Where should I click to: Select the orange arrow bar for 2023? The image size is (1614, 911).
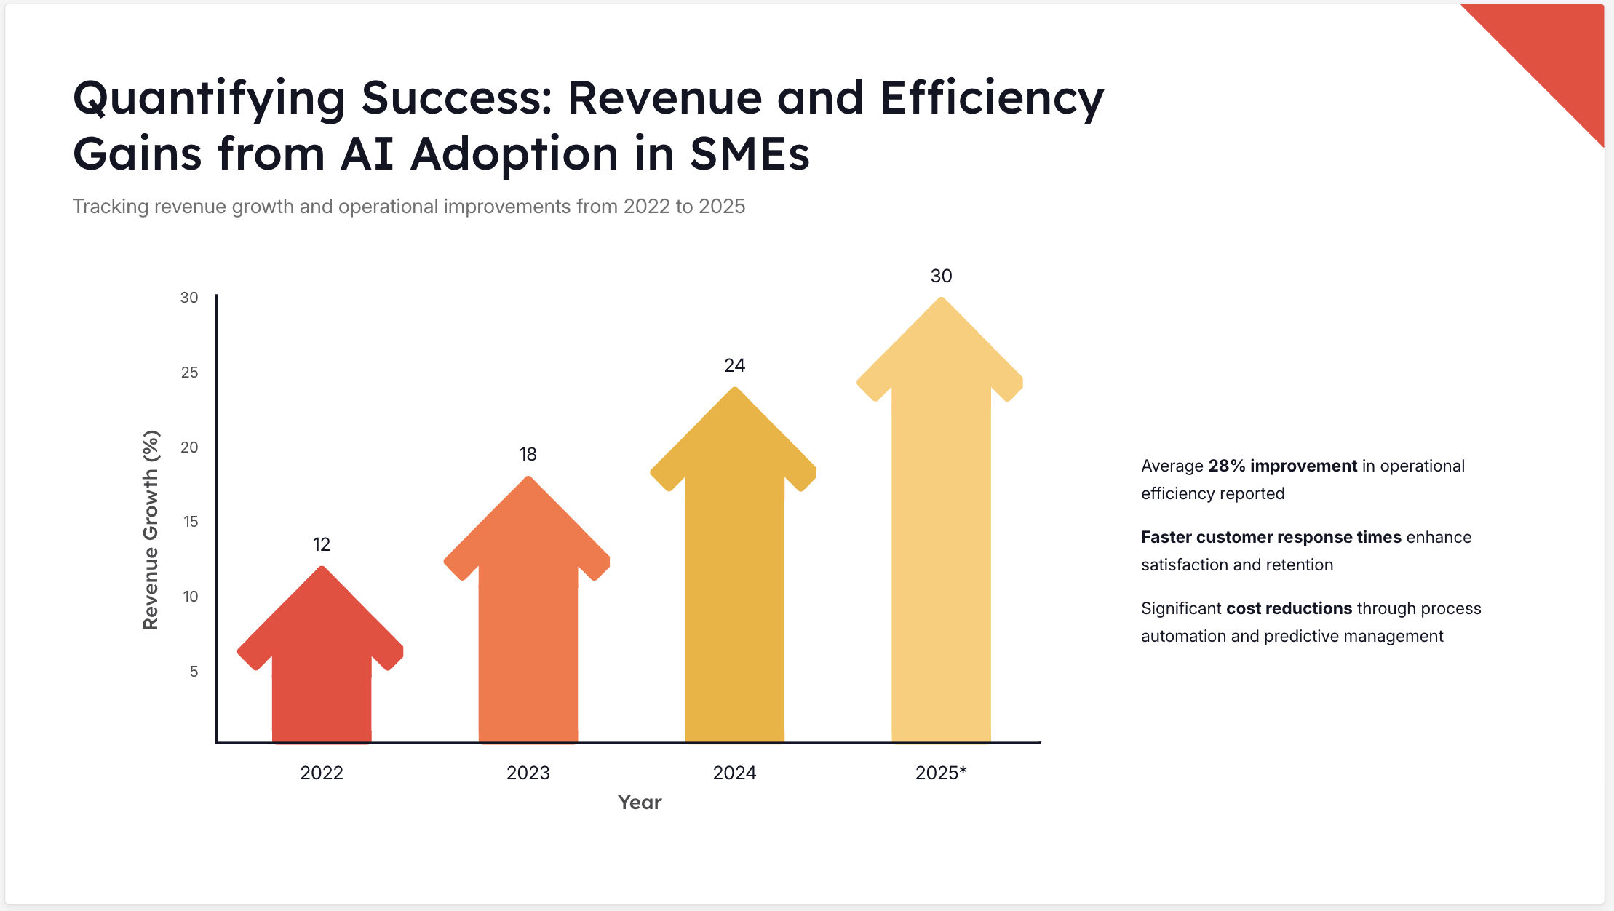pos(528,618)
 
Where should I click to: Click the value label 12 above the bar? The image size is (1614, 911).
pos(321,544)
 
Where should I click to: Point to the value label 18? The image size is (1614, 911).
pos(528,455)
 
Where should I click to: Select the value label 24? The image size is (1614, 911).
pos(734,365)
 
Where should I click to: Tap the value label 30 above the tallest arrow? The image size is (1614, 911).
pos(941,276)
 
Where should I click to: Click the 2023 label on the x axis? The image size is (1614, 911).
pos(528,773)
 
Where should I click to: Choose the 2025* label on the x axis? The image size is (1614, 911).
pos(941,773)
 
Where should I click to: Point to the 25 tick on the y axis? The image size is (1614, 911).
pos(189,373)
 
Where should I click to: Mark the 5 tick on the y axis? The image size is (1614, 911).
pos(194,672)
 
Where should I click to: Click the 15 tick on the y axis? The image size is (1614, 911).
pos(191,522)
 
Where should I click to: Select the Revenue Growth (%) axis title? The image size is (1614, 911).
pos(151,530)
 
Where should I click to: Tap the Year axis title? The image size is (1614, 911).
pos(640,802)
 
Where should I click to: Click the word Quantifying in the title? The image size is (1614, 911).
pos(209,98)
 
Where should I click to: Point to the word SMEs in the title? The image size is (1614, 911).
pos(749,154)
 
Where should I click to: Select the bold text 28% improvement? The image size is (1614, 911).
pos(1282,466)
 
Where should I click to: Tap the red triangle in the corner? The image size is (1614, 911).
pos(1557,51)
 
